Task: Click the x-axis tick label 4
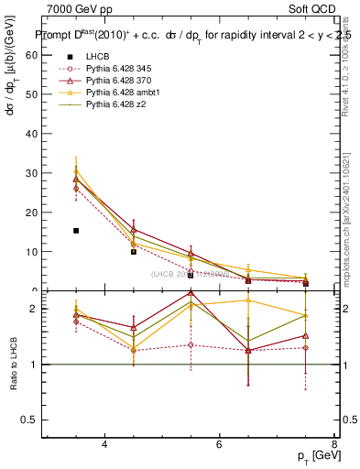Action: (x=104, y=444)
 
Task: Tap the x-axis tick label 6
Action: (x=219, y=444)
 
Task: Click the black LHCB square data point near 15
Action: (x=76, y=231)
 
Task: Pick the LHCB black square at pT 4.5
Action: (x=134, y=251)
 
